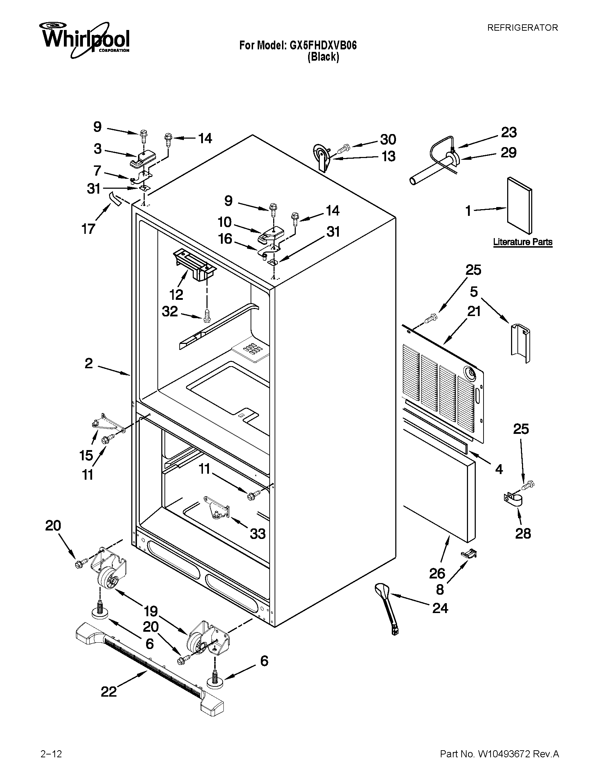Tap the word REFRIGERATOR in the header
pyautogui.click(x=522, y=28)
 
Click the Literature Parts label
pyautogui.click(x=522, y=242)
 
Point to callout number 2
pyautogui.click(x=89, y=363)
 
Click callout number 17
pyautogui.click(x=88, y=229)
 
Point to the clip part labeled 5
pyautogui.click(x=520, y=343)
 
